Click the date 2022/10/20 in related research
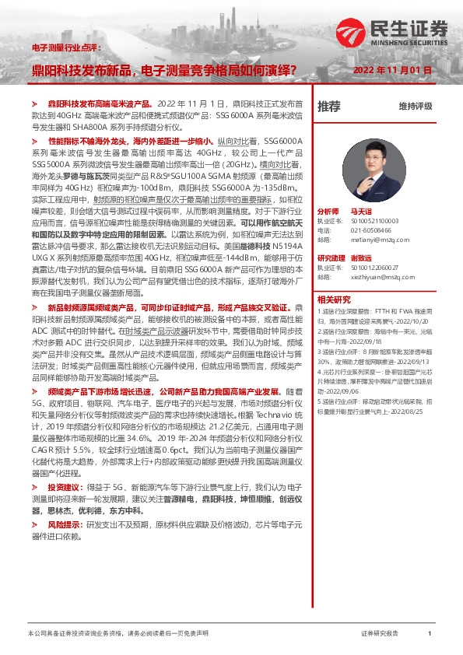click(x=412, y=319)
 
